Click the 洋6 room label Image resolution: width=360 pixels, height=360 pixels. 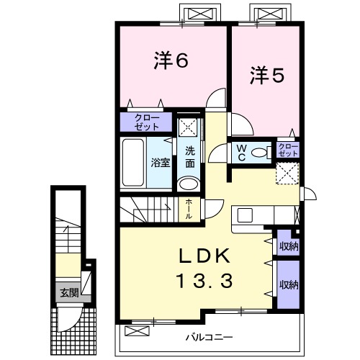click(x=171, y=61)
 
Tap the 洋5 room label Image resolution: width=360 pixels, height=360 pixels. click(x=267, y=76)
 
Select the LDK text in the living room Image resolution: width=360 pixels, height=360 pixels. click(x=204, y=256)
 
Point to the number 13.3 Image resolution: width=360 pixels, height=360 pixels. click(x=204, y=281)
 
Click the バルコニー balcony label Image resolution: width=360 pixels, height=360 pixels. click(x=210, y=338)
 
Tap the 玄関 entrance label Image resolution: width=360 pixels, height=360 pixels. click(x=69, y=292)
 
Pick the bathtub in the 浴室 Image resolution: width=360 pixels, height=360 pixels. click(x=133, y=163)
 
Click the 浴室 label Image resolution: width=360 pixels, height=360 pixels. click(x=161, y=163)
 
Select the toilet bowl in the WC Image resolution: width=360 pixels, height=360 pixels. click(x=259, y=153)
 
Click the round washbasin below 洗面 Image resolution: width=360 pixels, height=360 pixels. click(x=189, y=184)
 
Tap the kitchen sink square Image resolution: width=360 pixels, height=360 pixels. click(x=245, y=215)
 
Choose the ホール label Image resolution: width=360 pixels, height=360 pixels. click(x=189, y=209)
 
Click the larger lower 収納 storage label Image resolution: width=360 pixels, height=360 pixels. click(x=289, y=285)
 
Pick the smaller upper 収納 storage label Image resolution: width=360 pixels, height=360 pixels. click(x=289, y=246)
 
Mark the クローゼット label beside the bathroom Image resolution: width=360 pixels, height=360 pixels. click(x=147, y=122)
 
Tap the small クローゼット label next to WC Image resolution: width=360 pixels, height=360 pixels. click(x=288, y=150)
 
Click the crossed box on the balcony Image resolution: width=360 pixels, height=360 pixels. click(x=137, y=331)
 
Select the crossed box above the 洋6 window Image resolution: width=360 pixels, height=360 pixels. click(x=201, y=13)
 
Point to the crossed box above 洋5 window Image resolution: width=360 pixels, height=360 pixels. click(x=271, y=13)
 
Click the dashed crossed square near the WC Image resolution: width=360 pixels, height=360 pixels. click(x=287, y=174)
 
